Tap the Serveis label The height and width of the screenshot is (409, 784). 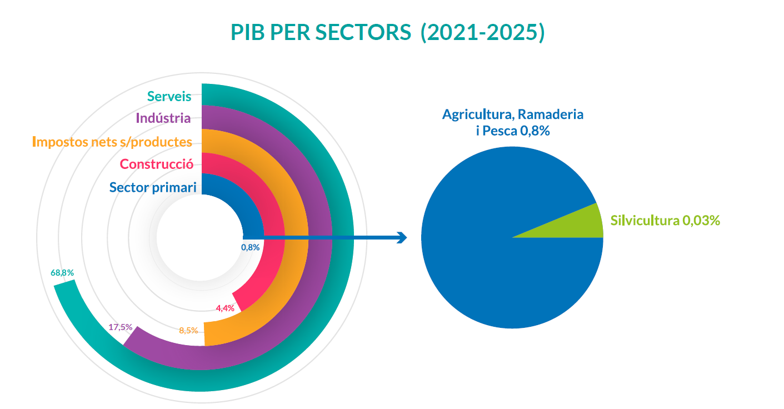[169, 96]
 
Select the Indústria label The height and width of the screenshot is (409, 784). [163, 118]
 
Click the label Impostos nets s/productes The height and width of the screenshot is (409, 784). [112, 142]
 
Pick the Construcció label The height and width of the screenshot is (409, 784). [156, 164]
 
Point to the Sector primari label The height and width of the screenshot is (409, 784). [153, 187]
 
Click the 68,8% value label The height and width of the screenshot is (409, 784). [62, 273]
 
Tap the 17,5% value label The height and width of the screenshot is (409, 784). [120, 327]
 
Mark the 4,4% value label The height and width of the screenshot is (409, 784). [225, 308]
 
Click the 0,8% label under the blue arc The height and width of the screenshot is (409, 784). [251, 247]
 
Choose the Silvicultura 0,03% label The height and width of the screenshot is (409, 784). [665, 220]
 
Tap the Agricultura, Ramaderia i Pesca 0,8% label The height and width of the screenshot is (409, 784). [512, 122]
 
